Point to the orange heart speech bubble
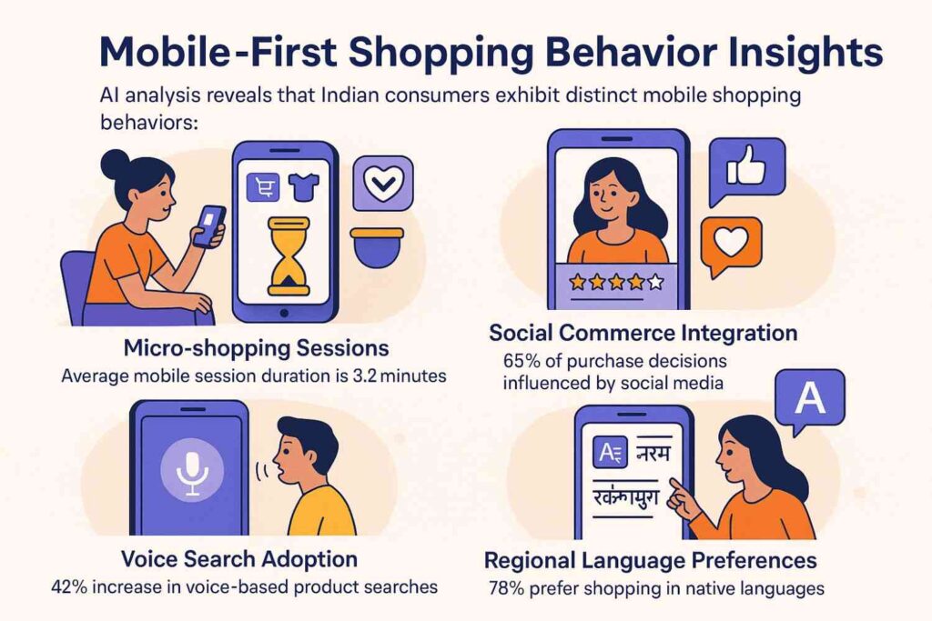[731, 244]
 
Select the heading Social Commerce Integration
[643, 332]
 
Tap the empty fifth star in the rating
[655, 283]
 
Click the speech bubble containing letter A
[805, 398]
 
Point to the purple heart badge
[382, 183]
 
